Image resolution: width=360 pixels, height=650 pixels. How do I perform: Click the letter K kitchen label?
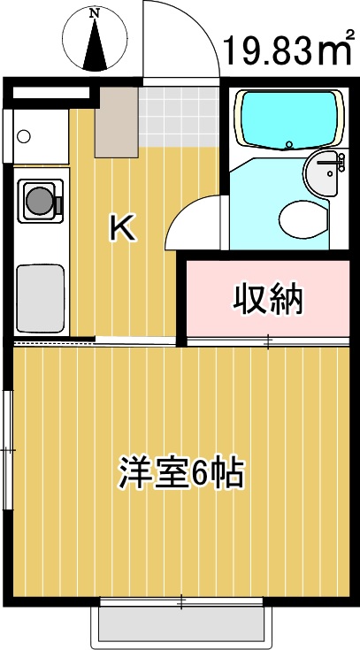pyautogui.click(x=121, y=228)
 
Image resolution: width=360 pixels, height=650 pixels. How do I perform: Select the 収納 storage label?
pyautogui.click(x=268, y=299)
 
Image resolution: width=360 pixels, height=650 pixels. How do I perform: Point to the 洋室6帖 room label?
pyautogui.click(x=181, y=474)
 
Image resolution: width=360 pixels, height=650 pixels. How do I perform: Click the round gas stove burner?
pyautogui.click(x=38, y=200)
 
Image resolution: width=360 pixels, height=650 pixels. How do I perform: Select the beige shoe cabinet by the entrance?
pyautogui.click(x=116, y=121)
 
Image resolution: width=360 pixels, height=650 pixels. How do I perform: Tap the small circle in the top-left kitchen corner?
pyautogui.click(x=24, y=136)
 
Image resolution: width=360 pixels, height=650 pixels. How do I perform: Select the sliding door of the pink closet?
pyautogui.click(x=268, y=340)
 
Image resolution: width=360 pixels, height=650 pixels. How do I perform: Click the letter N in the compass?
pyautogui.click(x=94, y=13)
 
